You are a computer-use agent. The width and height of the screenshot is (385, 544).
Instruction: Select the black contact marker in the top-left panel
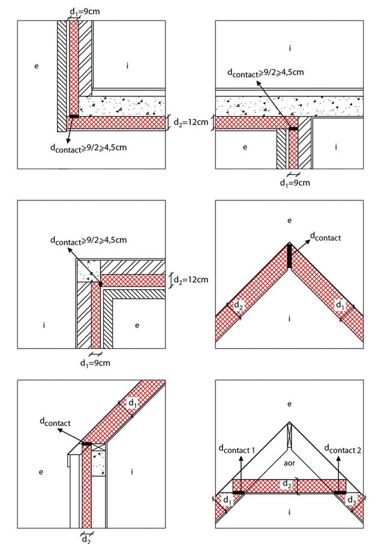(73, 116)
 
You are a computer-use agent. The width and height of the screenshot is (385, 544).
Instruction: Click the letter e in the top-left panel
(37, 67)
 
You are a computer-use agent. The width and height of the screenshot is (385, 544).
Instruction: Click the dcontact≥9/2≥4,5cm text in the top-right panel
(265, 72)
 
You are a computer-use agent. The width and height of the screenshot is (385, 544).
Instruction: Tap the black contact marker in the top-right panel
(293, 128)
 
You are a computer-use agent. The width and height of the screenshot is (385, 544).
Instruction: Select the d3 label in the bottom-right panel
(353, 501)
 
